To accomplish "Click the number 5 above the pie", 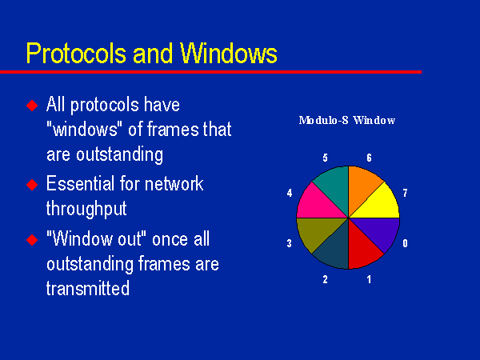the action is click(325, 158).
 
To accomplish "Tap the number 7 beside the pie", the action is click(405, 193).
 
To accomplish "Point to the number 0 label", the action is click(405, 243).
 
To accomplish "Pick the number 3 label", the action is click(290, 243).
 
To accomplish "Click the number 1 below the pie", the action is click(369, 279).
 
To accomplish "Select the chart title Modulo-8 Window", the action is click(347, 120).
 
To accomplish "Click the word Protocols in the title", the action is click(76, 54).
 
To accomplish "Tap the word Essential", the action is click(80, 184).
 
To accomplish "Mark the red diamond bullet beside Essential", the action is click(32, 185).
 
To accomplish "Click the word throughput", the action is click(86, 210).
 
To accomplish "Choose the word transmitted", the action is click(88, 288).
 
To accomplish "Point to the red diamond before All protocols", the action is click(32, 106).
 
